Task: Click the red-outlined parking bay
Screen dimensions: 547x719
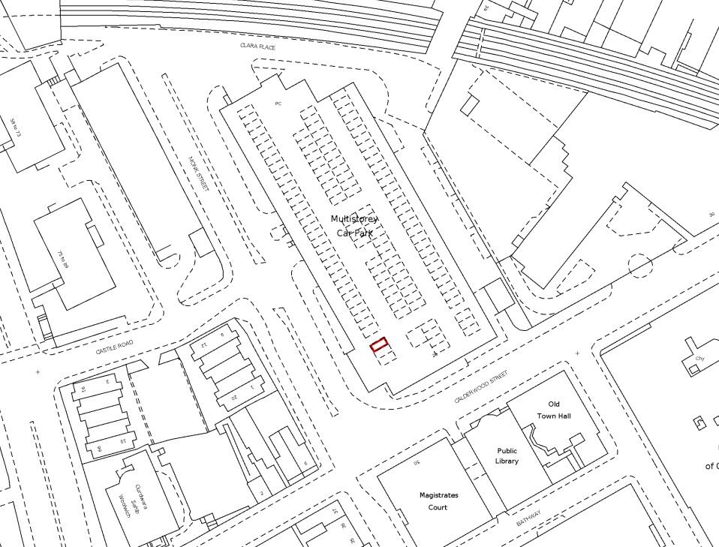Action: tap(380, 345)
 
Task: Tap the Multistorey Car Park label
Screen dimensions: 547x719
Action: tap(354, 226)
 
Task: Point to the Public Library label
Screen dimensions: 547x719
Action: tap(507, 456)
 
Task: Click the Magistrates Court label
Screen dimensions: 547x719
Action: tap(438, 501)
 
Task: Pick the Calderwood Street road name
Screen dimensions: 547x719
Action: tap(481, 386)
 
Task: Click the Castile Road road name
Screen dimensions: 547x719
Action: tap(113, 347)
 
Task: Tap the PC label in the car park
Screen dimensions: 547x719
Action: tap(278, 103)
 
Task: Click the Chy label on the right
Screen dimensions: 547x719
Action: tap(699, 359)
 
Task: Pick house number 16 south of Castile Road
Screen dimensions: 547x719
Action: tap(83, 388)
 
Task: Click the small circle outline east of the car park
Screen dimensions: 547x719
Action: tap(639, 265)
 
